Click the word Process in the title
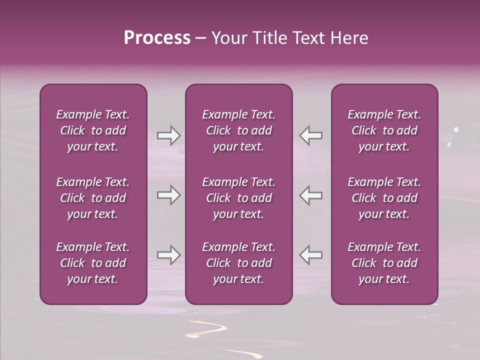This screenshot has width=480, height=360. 157,38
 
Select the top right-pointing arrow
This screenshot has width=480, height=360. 168,135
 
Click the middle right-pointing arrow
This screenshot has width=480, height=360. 168,195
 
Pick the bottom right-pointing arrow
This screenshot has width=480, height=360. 168,254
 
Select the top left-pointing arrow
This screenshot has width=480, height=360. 311,135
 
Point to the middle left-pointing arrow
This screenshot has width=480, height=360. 311,195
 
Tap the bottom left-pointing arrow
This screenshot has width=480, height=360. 311,254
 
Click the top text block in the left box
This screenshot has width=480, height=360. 93,130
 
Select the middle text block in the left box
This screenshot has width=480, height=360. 93,198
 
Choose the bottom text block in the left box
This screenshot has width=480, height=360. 93,263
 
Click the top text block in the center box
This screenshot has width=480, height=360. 239,130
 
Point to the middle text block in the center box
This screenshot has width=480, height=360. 239,198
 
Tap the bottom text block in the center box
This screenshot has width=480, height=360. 239,263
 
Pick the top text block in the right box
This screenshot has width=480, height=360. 384,130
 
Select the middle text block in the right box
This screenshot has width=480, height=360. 384,198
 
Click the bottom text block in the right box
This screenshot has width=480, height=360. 384,263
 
